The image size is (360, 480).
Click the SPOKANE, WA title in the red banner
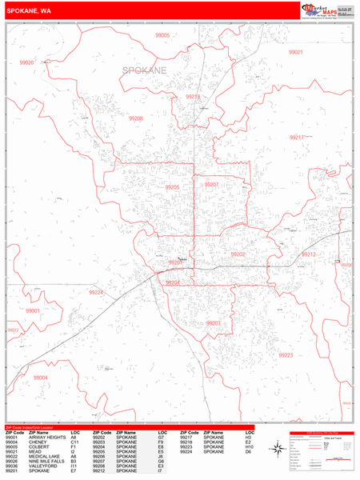click(29, 10)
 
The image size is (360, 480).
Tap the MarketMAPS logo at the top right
click(323, 10)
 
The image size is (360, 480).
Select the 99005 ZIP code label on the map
click(162, 36)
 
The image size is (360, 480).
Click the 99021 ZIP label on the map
click(296, 52)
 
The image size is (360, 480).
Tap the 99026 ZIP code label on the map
click(26, 62)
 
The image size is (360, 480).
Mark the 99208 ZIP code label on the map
click(136, 118)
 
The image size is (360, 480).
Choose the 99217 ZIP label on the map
click(297, 138)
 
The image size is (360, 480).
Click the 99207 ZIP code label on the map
click(211, 185)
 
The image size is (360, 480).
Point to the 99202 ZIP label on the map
click(238, 254)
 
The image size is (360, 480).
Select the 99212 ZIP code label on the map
click(309, 254)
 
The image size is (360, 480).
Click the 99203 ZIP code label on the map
click(213, 323)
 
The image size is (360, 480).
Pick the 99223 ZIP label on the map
click(286, 354)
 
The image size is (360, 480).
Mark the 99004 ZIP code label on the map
click(41, 378)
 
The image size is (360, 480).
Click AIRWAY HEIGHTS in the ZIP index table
click(45, 438)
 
